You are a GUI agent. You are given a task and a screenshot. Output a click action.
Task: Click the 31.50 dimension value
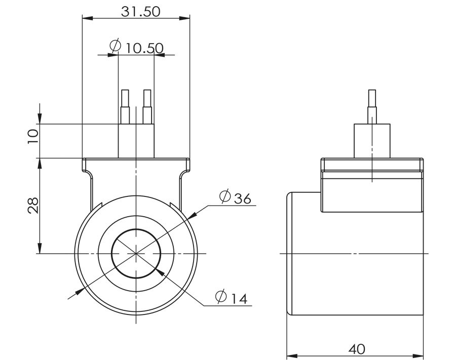point(140,12)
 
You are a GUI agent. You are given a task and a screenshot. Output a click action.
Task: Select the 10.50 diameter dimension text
point(144,48)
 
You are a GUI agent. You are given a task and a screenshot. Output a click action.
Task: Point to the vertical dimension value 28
point(33,205)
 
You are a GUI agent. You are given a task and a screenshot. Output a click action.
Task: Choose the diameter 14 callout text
point(238,297)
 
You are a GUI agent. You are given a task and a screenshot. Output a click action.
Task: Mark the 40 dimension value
point(357,349)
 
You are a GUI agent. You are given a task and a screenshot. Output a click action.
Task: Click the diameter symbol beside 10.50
point(116,46)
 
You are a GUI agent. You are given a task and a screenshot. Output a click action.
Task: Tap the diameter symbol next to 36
point(225,196)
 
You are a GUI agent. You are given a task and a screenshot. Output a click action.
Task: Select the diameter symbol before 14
point(221,296)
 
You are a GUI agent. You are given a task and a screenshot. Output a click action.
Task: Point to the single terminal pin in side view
point(372,106)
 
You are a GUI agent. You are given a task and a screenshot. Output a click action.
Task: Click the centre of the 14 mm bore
point(136,253)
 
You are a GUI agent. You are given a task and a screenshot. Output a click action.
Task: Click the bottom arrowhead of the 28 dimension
point(40,248)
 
